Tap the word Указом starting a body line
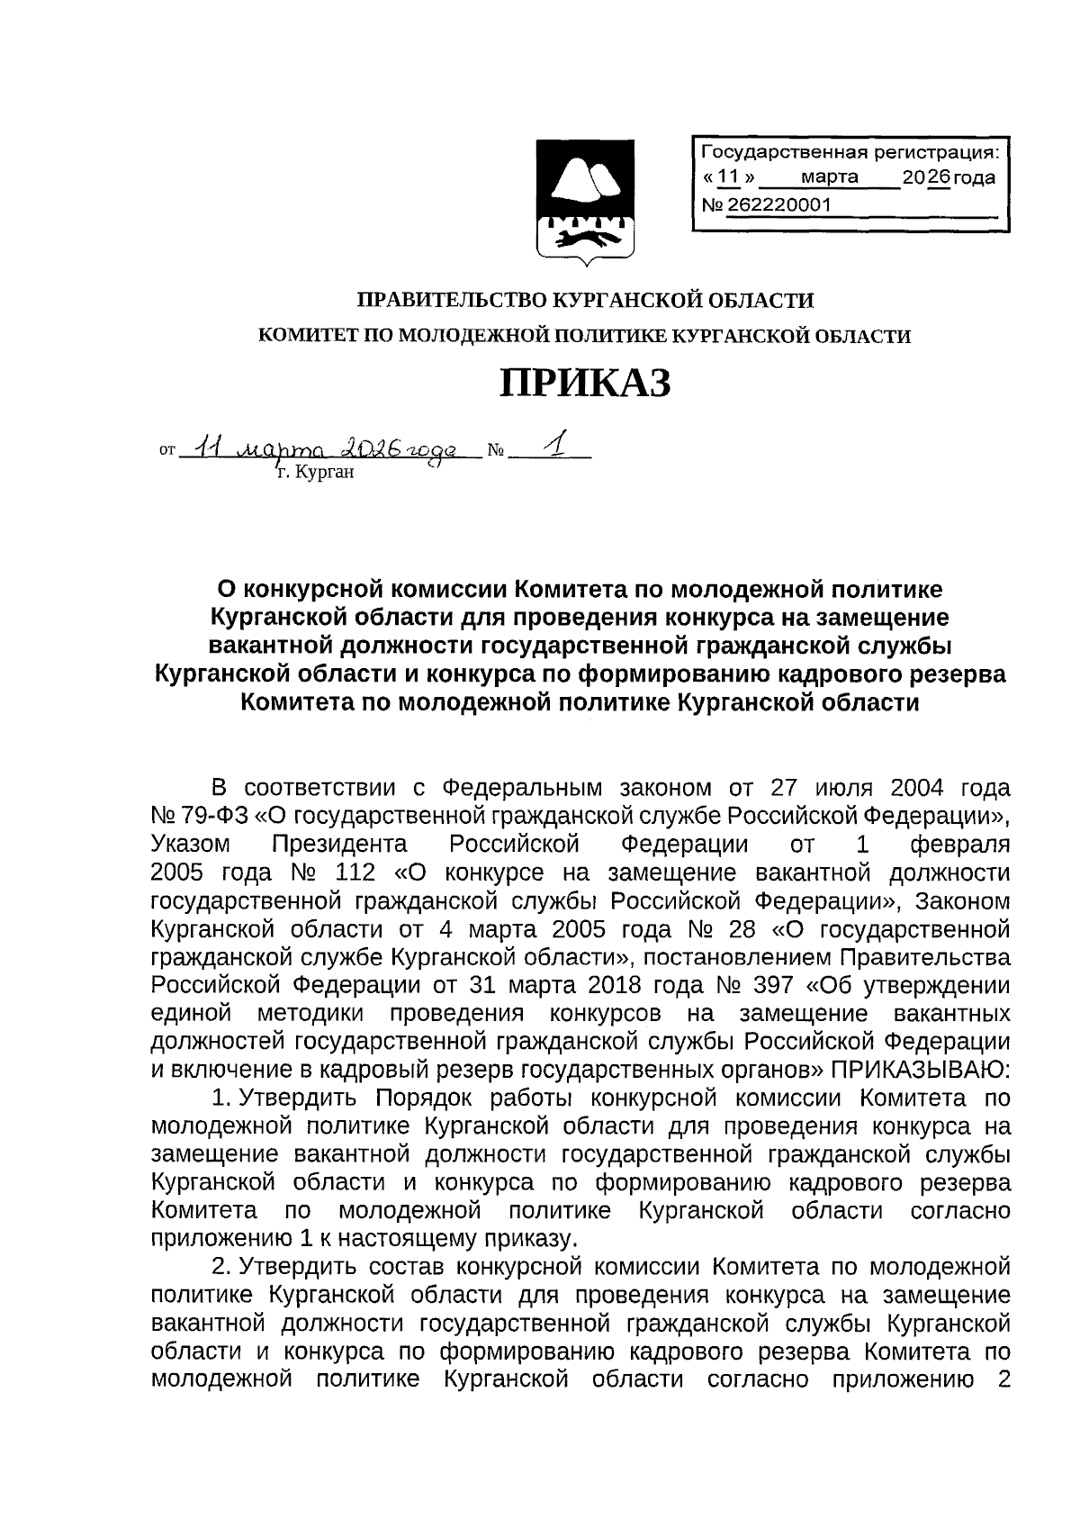tap(192, 845)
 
